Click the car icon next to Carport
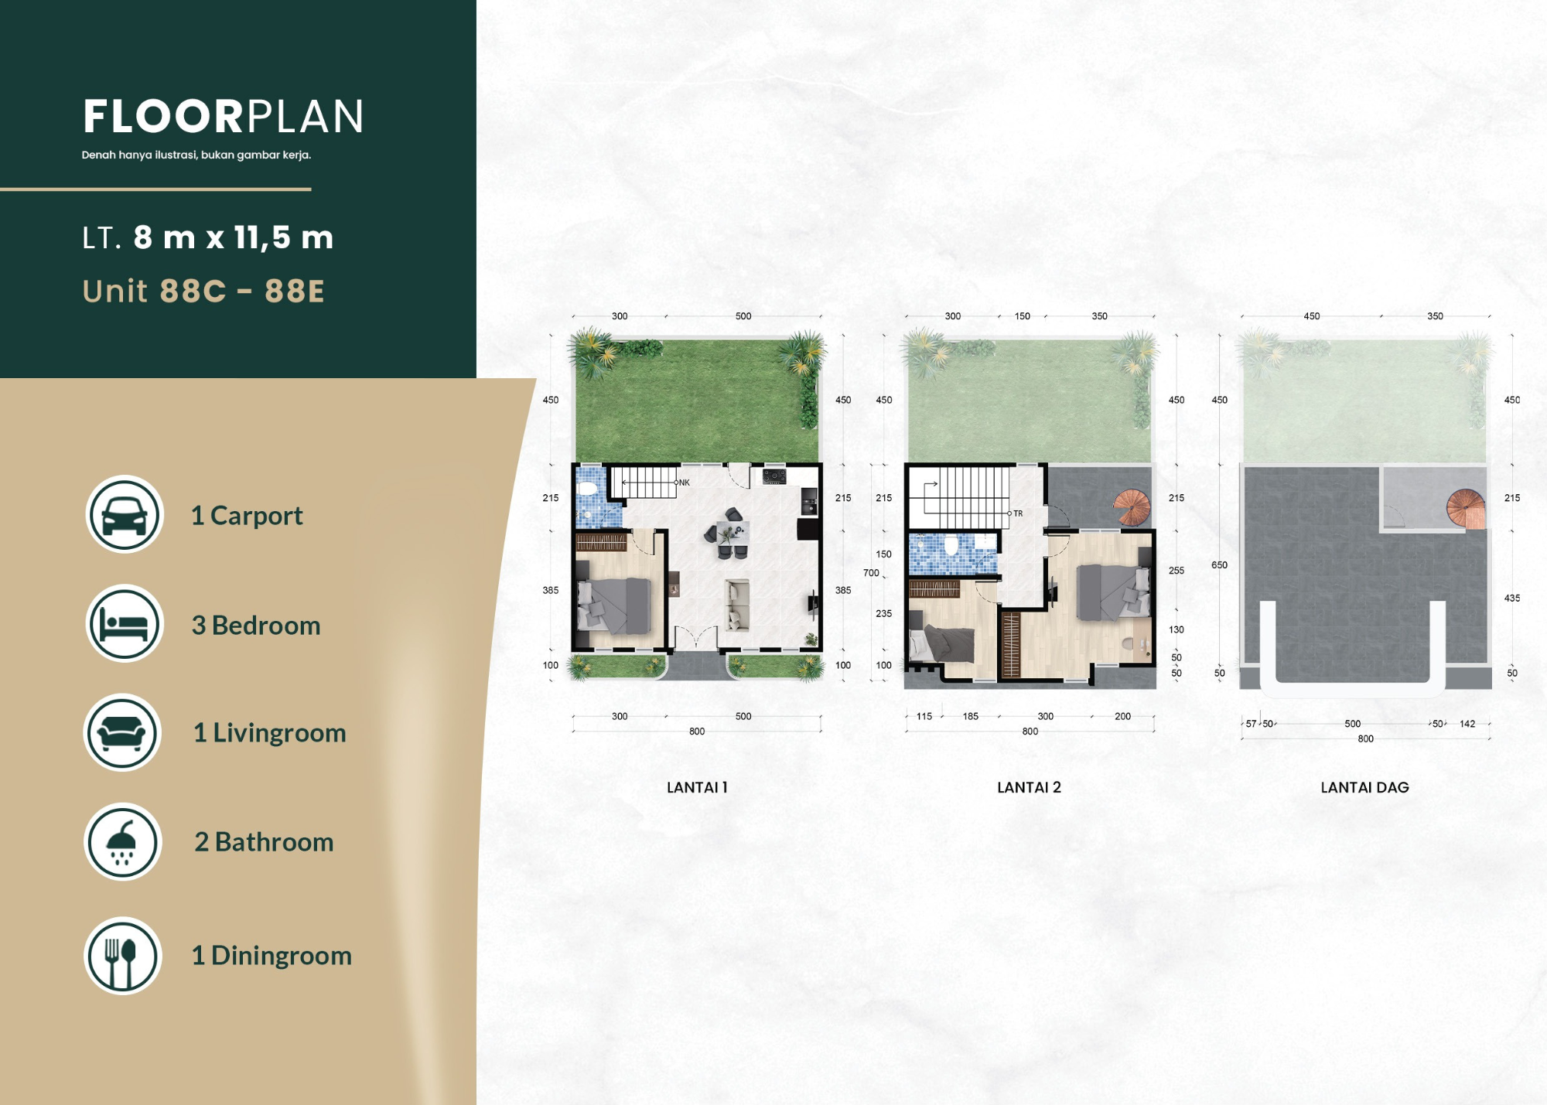coord(124,514)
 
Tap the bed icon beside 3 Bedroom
coord(124,623)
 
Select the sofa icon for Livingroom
coord(122,732)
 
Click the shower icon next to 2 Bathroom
coord(122,841)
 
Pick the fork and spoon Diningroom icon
coord(122,956)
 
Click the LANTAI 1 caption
coord(697,787)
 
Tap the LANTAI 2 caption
coord(1029,787)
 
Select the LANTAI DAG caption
coord(1364,787)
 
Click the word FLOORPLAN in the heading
coord(223,116)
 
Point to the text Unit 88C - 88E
coord(203,291)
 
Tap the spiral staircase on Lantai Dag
coord(1466,509)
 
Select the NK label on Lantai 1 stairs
coord(685,483)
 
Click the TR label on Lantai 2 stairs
coord(1018,513)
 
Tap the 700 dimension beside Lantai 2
coord(871,573)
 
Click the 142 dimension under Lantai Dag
coord(1467,724)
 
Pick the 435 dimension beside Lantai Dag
coord(1512,598)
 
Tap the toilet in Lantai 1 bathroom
coord(587,489)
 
